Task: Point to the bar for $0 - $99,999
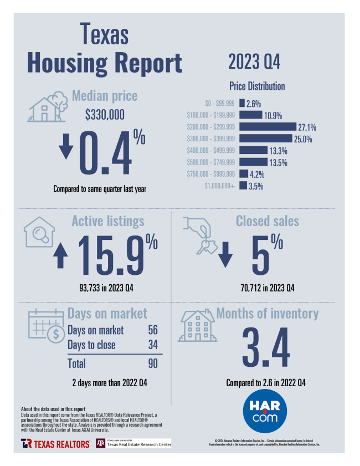click(x=242, y=103)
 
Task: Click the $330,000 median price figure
click(x=105, y=115)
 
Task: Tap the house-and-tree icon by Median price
click(x=46, y=107)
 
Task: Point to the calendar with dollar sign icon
click(x=46, y=327)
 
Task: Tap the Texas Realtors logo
click(x=55, y=443)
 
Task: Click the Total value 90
click(x=153, y=364)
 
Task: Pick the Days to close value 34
click(x=153, y=345)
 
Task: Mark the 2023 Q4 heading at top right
click(x=254, y=62)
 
